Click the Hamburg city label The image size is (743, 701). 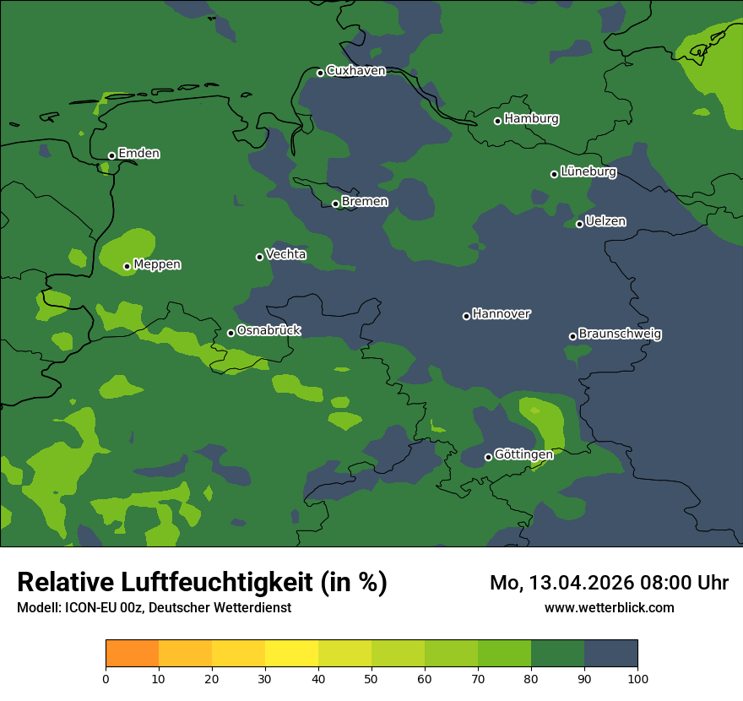[531, 119]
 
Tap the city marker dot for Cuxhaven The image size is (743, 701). [320, 73]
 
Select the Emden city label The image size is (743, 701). [138, 154]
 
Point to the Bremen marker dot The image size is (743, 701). [335, 204]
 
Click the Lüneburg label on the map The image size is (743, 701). [588, 172]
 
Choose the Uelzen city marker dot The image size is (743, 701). [579, 224]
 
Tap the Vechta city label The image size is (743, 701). [285, 254]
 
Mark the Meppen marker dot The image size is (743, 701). [127, 266]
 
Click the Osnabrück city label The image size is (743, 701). [268, 331]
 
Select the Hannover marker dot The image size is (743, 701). [466, 316]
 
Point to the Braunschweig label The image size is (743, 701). [620, 334]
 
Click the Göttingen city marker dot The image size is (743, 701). [488, 457]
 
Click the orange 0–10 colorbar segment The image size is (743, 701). [132, 654]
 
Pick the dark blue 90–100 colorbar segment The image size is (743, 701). [610, 654]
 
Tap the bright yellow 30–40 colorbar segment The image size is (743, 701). [291, 654]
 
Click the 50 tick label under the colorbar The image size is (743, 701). [371, 678]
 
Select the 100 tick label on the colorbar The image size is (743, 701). [637, 678]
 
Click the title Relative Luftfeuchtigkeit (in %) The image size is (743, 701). [202, 583]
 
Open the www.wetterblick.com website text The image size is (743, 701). [609, 607]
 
